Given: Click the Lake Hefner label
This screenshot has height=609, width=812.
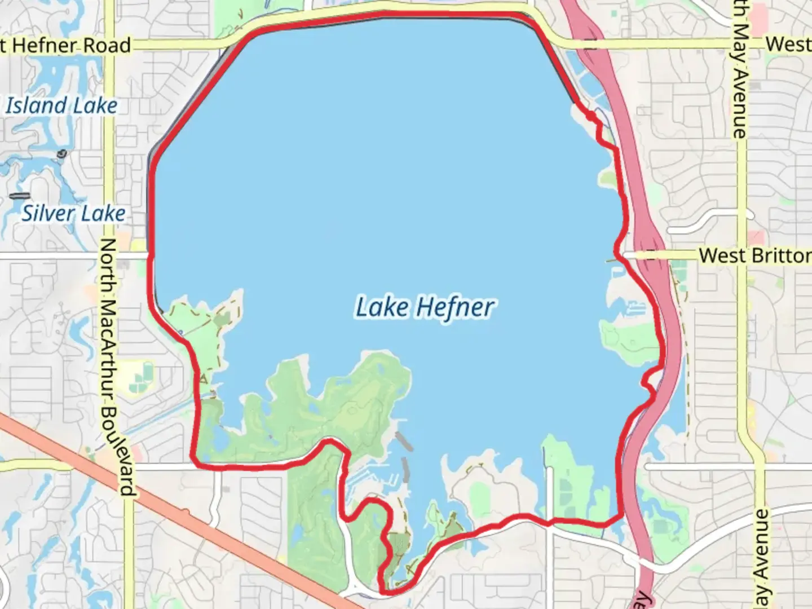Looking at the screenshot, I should (425, 308).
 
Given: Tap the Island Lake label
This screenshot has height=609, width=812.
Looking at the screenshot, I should (61, 105).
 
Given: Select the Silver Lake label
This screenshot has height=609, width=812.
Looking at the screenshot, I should (74, 213).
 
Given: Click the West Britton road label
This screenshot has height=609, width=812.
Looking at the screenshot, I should (754, 255).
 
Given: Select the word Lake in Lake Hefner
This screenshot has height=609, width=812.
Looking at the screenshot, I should (382, 308).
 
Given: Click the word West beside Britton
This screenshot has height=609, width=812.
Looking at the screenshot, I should (723, 255).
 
